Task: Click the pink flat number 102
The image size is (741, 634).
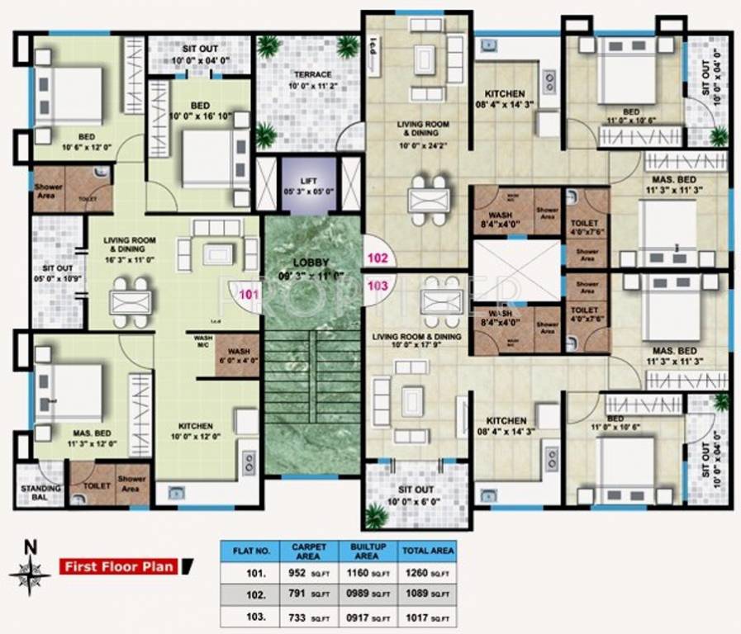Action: tap(378, 258)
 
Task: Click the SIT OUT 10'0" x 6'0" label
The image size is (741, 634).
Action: tap(416, 495)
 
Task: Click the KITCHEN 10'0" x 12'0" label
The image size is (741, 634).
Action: tap(195, 431)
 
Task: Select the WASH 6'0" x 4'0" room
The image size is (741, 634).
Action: tap(239, 355)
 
